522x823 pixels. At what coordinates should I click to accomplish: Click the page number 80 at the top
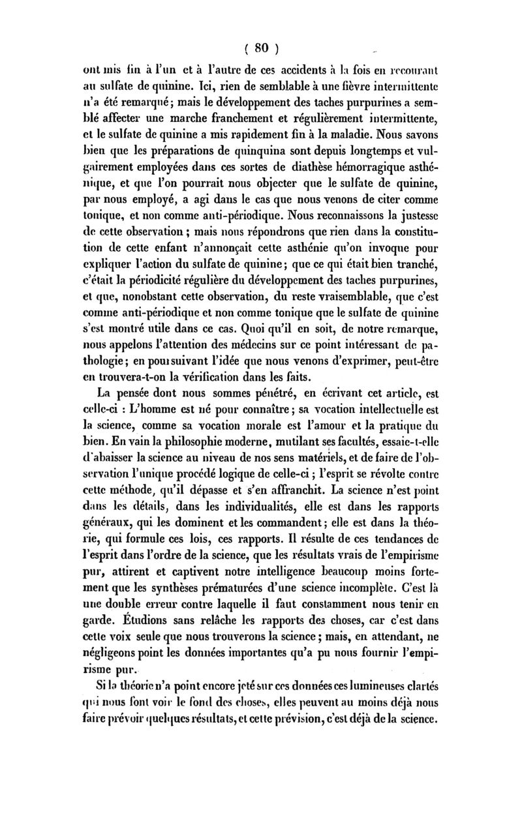262,47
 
